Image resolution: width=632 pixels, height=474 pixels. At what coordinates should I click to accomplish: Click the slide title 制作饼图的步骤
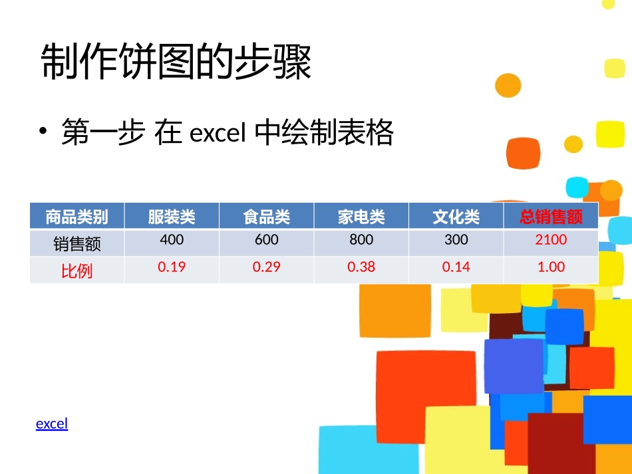[176, 63]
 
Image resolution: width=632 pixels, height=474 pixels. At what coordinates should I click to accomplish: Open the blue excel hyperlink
[52, 423]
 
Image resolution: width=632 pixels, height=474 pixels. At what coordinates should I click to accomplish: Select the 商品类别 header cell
[77, 216]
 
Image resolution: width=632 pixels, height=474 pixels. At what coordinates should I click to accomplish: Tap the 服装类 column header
[172, 216]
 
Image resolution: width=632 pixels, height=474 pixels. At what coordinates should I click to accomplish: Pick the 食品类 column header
[267, 216]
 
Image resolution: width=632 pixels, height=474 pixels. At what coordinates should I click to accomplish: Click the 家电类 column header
[361, 216]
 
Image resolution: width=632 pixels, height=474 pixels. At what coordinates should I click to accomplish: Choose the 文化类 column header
[456, 216]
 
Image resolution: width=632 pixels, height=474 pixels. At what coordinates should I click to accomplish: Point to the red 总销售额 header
[551, 216]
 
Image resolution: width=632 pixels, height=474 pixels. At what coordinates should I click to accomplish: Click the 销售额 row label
[77, 244]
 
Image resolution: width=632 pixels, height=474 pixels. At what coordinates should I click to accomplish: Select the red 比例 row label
[77, 271]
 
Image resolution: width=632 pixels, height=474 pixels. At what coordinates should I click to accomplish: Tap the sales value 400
[172, 239]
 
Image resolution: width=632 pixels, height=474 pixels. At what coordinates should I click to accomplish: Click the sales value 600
[267, 239]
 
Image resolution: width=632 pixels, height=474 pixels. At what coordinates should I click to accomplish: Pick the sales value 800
[361, 239]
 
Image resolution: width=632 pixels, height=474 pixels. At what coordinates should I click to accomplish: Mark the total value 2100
[551, 239]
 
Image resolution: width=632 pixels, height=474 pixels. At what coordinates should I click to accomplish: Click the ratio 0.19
[172, 267]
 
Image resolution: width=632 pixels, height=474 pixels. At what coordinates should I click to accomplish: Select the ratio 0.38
[361, 267]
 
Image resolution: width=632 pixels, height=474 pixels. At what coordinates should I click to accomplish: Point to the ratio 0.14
[456, 267]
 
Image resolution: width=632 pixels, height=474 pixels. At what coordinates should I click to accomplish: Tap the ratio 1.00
[551, 267]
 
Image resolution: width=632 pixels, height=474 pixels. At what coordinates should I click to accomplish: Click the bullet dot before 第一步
[43, 130]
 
